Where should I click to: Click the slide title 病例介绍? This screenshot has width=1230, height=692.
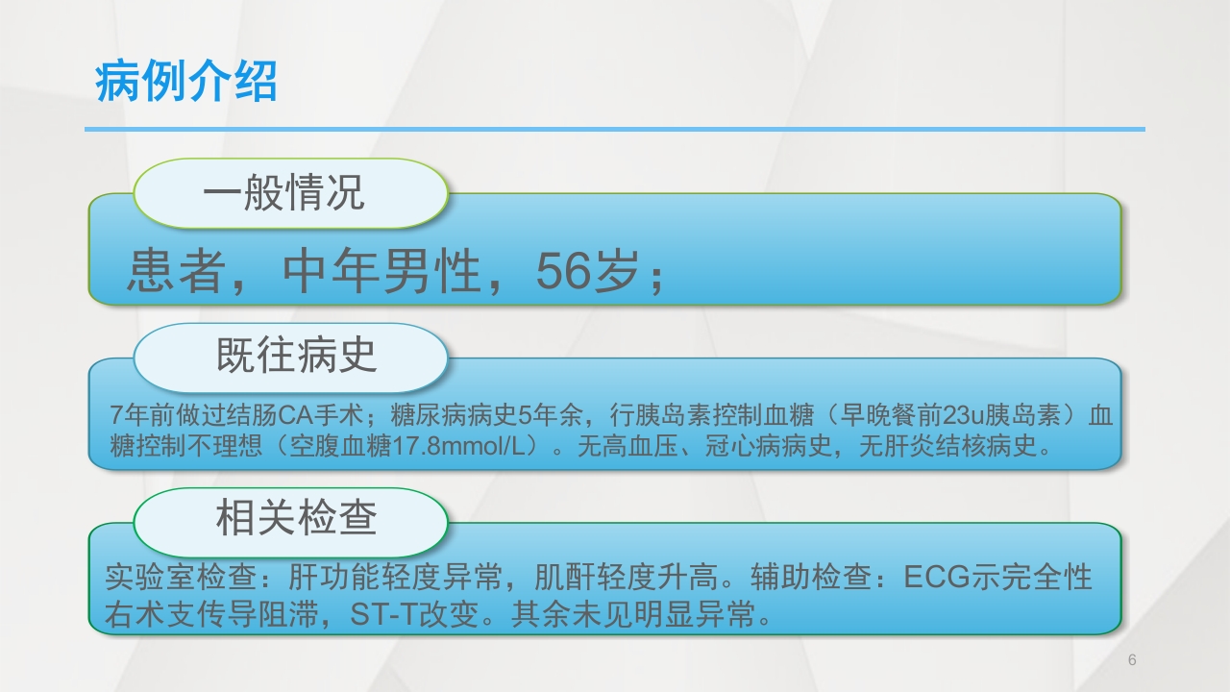[x=185, y=82]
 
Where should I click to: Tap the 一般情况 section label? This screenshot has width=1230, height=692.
[x=283, y=193]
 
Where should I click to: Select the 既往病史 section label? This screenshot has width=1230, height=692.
[x=296, y=357]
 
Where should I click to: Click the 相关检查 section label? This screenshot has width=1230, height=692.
[x=296, y=519]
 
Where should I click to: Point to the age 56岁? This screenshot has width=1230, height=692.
[x=587, y=273]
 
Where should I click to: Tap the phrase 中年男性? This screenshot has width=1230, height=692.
[x=381, y=273]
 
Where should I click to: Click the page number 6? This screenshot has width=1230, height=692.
[x=1132, y=660]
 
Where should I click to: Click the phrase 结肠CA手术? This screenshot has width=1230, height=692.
[x=291, y=416]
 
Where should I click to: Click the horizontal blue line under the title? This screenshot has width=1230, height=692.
[x=615, y=129]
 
